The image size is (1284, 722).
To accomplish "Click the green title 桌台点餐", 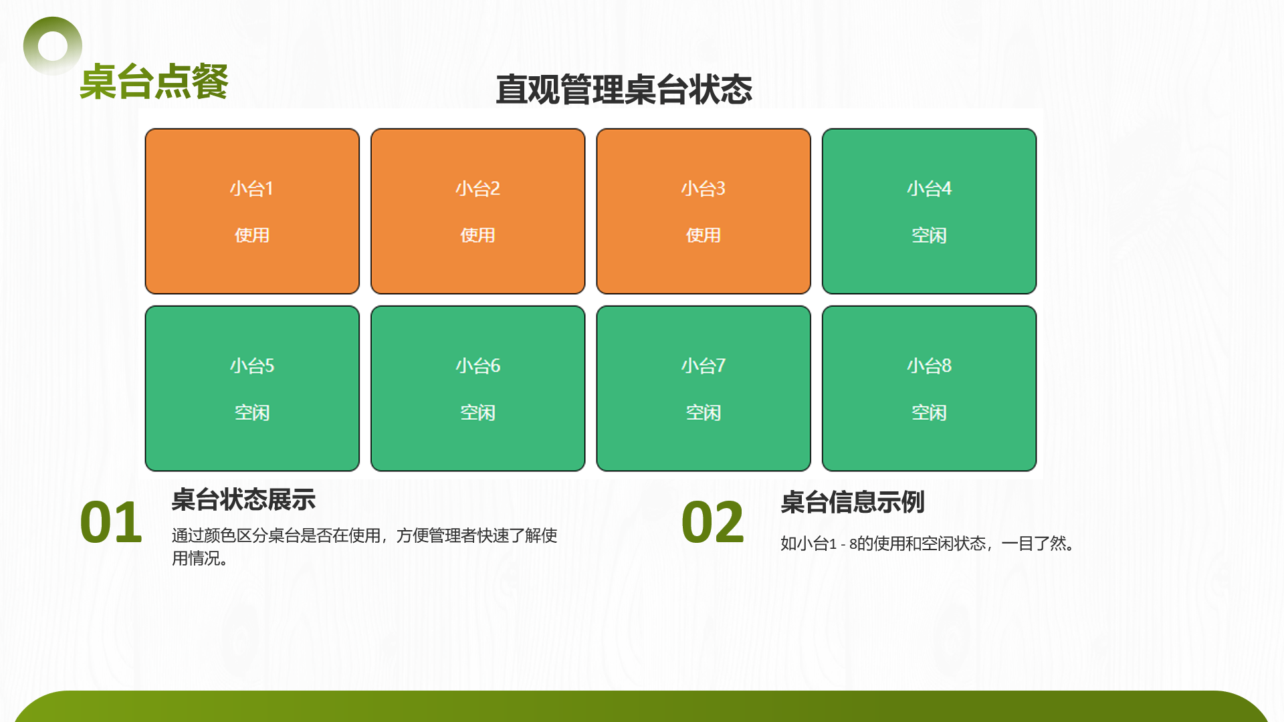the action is [154, 82].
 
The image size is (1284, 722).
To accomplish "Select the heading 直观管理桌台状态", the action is [624, 90].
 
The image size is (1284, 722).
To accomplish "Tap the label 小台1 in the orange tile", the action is [251, 189].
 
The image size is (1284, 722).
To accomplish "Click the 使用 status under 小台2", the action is [477, 235].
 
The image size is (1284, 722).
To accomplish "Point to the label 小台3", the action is [703, 189].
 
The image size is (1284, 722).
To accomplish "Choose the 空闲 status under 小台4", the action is [929, 235].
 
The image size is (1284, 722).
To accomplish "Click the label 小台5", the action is [251, 366].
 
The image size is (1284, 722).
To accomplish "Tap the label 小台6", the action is [477, 366].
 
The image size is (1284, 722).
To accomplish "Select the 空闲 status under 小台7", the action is [703, 412].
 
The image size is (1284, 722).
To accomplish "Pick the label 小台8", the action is [929, 366].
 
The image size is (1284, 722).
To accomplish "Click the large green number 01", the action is [111, 522].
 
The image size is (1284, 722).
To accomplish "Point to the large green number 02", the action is [713, 522].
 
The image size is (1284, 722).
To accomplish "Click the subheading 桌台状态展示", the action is [243, 499].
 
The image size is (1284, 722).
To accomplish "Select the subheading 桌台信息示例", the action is [853, 502].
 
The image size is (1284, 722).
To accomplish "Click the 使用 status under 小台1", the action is [251, 235].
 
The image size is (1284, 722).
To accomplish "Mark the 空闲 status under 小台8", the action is [929, 412].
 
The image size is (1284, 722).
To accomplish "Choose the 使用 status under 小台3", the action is [703, 235].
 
